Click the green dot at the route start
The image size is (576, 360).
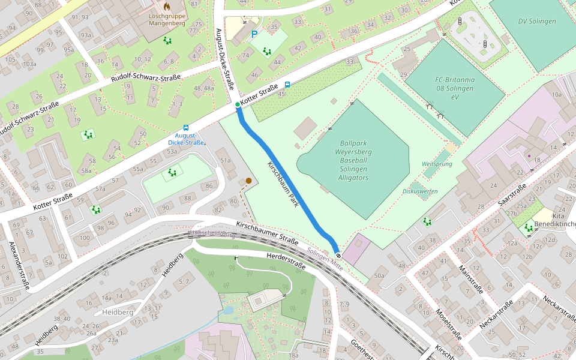[x=238, y=105]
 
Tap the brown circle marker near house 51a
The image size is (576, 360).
[x=248, y=180]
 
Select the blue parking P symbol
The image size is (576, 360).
[x=254, y=35]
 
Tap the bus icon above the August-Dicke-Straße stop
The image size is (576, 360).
[x=185, y=127]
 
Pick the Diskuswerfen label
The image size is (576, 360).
[x=421, y=191]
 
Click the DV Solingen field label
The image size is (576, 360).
[x=537, y=21]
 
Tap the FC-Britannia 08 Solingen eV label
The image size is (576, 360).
[x=455, y=88]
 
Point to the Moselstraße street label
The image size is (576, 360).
[x=446, y=324]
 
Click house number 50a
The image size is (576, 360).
[x=379, y=275]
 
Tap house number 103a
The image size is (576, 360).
[x=29, y=64]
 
